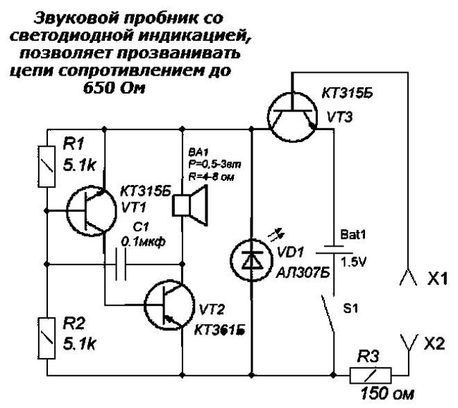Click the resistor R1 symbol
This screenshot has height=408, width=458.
[x=47, y=167]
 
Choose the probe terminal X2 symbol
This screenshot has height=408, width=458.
[x=410, y=342]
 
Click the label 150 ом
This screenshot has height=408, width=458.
[x=387, y=396]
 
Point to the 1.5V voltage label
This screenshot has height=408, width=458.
[x=359, y=264]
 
